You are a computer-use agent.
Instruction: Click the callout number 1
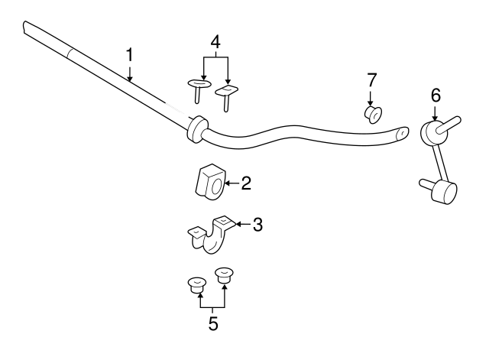pyautogui.click(x=129, y=55)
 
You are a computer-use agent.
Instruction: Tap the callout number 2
pyautogui.click(x=246, y=183)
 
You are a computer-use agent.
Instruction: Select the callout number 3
pyautogui.click(x=257, y=225)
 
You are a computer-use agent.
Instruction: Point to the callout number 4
pyautogui.click(x=215, y=42)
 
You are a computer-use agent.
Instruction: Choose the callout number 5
pyautogui.click(x=213, y=323)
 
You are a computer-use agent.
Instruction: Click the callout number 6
pyautogui.click(x=436, y=95)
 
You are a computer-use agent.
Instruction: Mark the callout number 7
pyautogui.click(x=372, y=79)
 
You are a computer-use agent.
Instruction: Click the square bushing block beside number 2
pyautogui.click(x=210, y=182)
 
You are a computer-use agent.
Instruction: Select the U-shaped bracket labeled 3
pyautogui.click(x=211, y=234)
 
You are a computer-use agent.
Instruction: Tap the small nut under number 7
pyautogui.click(x=374, y=115)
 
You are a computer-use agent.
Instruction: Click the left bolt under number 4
pyautogui.click(x=199, y=90)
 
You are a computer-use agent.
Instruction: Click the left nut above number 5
pyautogui.click(x=197, y=285)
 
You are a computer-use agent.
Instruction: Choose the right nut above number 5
pyautogui.click(x=224, y=275)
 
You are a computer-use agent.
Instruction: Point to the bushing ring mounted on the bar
pyautogui.click(x=197, y=129)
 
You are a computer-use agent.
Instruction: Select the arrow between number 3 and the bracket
pyautogui.click(x=244, y=224)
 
